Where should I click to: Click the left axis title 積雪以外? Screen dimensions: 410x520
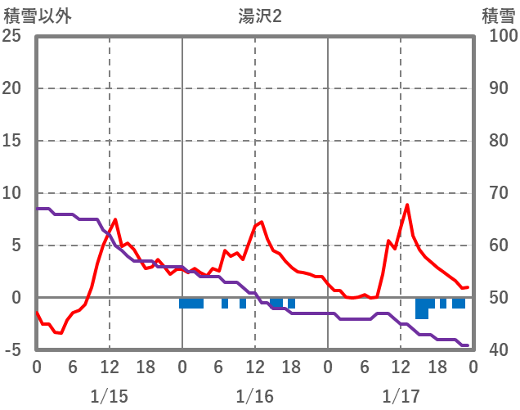pos(32,16)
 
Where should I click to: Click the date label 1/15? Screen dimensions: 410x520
pos(109,396)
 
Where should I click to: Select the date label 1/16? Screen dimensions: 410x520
pos(255,396)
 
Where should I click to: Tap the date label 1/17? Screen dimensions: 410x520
pos(401,396)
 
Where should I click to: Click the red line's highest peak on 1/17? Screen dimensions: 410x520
pos(407,205)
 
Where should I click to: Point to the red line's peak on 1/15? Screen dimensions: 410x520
pos(115,219)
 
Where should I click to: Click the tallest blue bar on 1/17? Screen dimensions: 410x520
pos(422,309)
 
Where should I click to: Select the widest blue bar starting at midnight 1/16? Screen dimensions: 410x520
pos(191,303)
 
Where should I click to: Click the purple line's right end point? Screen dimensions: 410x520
pos(467,345)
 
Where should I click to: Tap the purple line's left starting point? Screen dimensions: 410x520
pos(37,209)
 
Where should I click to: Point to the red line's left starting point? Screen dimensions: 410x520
pos(37,312)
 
